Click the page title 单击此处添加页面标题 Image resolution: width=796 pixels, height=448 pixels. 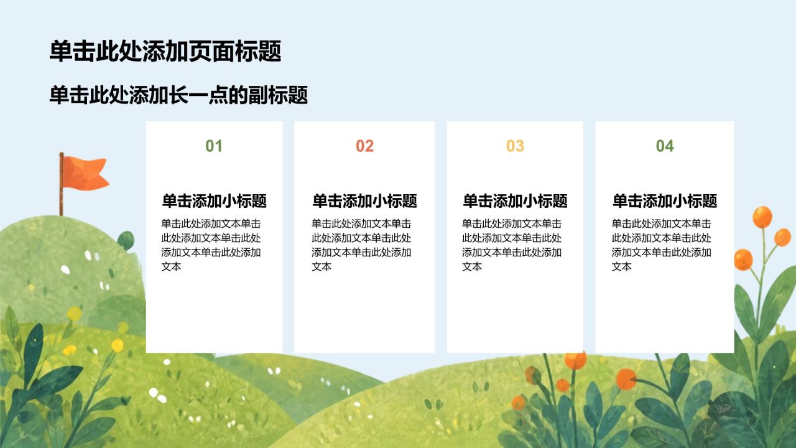coord(165,52)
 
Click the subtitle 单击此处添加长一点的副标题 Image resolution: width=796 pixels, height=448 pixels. coord(178,95)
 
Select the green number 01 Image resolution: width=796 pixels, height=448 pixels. coord(214,146)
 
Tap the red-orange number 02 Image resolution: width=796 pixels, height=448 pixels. coord(364,146)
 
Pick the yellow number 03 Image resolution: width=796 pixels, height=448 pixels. coord(515,146)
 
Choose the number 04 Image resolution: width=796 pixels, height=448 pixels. coord(665,146)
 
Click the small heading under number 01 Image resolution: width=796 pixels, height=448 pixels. coord(215,201)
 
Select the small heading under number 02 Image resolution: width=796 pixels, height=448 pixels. coord(364,201)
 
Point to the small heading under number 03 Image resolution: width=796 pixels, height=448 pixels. coord(515,201)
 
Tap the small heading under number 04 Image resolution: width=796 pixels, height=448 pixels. coord(665,201)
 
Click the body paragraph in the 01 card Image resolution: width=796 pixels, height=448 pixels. coord(211,245)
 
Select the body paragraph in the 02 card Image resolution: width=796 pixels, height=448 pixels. coord(361,245)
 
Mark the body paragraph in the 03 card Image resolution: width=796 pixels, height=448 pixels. coord(512,245)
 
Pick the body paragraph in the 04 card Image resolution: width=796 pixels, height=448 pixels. coord(661,245)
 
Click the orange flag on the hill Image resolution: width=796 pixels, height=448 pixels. coord(85,173)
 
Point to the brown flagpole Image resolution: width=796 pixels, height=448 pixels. coord(62,184)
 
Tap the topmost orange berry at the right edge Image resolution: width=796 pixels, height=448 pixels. coord(762,217)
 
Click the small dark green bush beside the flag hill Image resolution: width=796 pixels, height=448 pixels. coord(126,240)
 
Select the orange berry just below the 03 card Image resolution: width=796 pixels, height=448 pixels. coord(576,360)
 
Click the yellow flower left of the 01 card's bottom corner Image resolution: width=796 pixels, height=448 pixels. coord(118,345)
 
